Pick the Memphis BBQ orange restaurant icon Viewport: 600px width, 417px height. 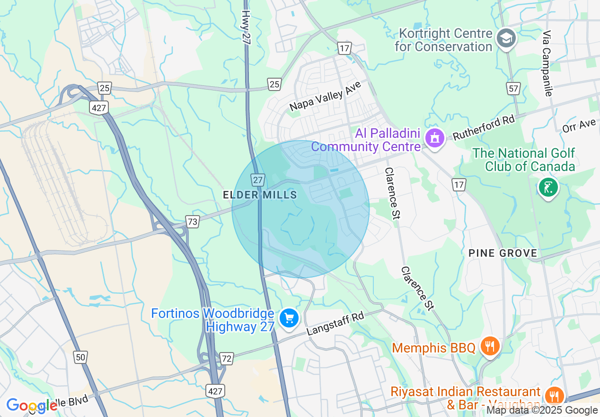click(490, 346)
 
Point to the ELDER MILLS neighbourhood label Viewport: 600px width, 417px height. click(260, 195)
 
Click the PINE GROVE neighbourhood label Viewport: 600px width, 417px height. click(503, 253)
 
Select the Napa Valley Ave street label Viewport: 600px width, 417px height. click(325, 96)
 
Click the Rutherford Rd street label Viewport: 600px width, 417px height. click(483, 127)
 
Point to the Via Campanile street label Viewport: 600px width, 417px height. click(547, 64)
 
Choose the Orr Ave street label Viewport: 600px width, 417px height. click(579, 126)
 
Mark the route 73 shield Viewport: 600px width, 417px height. click(192, 221)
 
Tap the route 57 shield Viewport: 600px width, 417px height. click(514, 88)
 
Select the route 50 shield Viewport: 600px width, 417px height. click(80, 357)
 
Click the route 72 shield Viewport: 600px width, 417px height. click(227, 359)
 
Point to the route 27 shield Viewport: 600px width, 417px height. click(257, 180)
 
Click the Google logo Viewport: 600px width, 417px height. click(32, 405)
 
